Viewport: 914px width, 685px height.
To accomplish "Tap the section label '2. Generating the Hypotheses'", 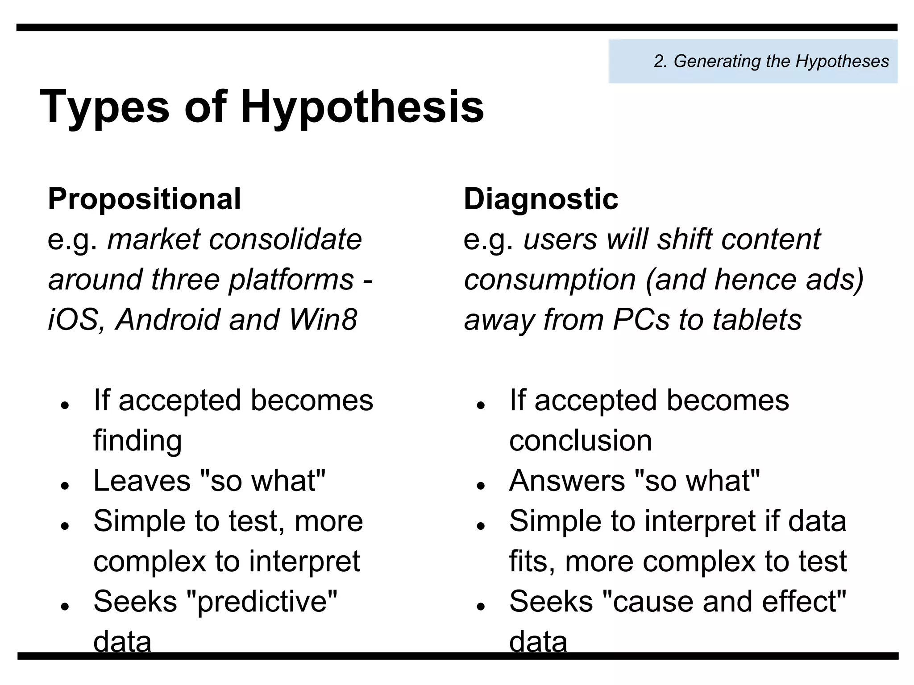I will [771, 61].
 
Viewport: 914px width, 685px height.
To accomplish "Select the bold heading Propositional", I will [144, 199].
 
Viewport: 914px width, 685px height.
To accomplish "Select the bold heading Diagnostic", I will [541, 199].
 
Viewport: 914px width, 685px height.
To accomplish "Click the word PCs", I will [641, 320].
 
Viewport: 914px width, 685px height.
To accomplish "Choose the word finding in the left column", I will [137, 441].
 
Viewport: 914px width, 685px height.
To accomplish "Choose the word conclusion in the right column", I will [580, 441].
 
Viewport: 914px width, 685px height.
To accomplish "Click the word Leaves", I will [142, 481].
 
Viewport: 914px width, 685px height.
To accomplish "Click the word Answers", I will [567, 481].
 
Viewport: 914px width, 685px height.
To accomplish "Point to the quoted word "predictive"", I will [261, 601].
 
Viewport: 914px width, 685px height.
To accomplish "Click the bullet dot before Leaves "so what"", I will [65, 485].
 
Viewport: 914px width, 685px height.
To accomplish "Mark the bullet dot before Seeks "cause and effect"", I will [481, 606].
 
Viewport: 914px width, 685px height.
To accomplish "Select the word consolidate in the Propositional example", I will [285, 239].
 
